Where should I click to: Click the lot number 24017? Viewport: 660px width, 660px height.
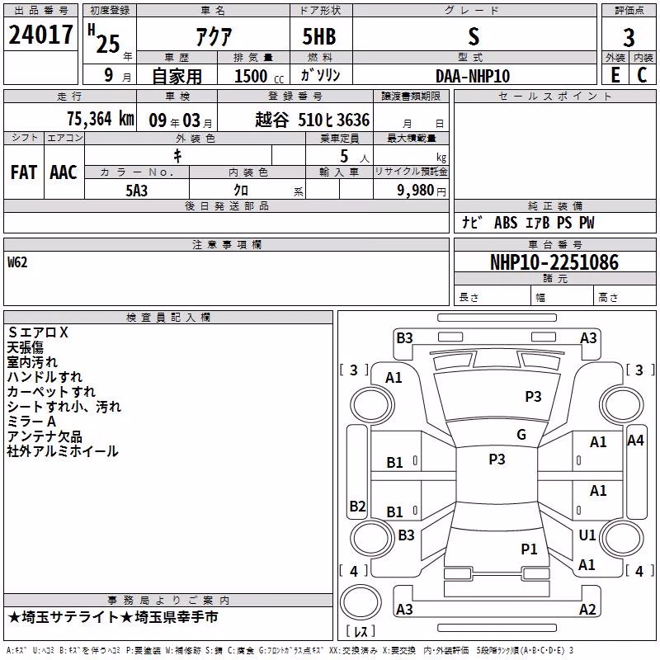(40, 35)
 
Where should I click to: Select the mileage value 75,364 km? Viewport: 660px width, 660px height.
(101, 119)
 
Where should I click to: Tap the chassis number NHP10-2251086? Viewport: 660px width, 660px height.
(554, 262)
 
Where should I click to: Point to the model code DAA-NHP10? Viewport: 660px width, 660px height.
(473, 76)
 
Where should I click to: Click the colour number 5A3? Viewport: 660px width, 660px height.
(137, 191)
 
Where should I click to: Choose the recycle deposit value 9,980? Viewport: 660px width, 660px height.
(416, 191)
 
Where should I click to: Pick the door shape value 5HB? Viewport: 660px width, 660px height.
(319, 36)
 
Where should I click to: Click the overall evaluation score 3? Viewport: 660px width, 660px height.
(629, 38)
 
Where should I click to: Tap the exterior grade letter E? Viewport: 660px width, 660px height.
(615, 75)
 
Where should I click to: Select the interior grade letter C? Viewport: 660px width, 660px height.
(642, 75)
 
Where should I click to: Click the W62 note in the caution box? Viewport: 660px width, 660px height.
(17, 262)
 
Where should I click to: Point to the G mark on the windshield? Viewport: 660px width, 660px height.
(521, 435)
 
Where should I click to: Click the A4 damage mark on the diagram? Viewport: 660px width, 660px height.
(635, 441)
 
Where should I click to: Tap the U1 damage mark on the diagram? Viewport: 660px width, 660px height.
(587, 535)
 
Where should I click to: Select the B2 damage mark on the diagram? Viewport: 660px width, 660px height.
(357, 506)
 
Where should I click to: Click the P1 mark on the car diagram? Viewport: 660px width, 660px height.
(529, 549)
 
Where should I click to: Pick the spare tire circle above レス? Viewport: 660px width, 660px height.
(361, 602)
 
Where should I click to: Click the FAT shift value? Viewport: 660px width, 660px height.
(24, 172)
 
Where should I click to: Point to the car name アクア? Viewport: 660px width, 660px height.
(214, 37)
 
